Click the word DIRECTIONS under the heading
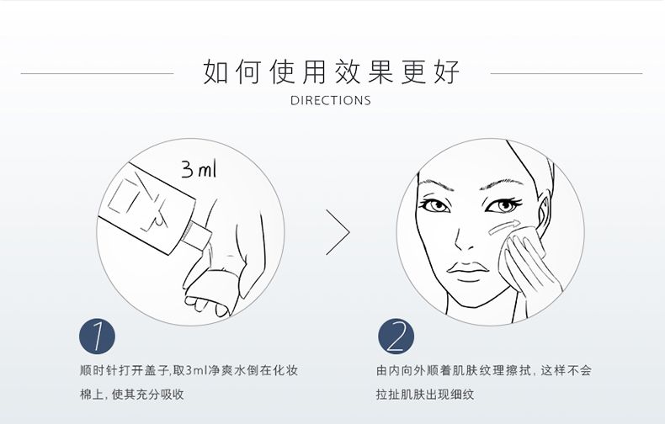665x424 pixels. click(x=331, y=100)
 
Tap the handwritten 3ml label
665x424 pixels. click(x=199, y=169)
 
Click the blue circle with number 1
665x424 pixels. click(x=97, y=337)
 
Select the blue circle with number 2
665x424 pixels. click(x=396, y=337)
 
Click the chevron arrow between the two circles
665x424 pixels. click(x=338, y=232)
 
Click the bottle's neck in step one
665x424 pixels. click(x=196, y=235)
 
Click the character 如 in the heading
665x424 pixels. click(x=215, y=72)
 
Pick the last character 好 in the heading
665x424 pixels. click(x=448, y=72)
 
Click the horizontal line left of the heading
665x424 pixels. click(x=97, y=73)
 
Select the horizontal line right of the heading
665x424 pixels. click(x=567, y=73)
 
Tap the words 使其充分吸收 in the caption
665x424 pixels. click(x=147, y=395)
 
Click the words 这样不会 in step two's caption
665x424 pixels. click(x=566, y=370)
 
